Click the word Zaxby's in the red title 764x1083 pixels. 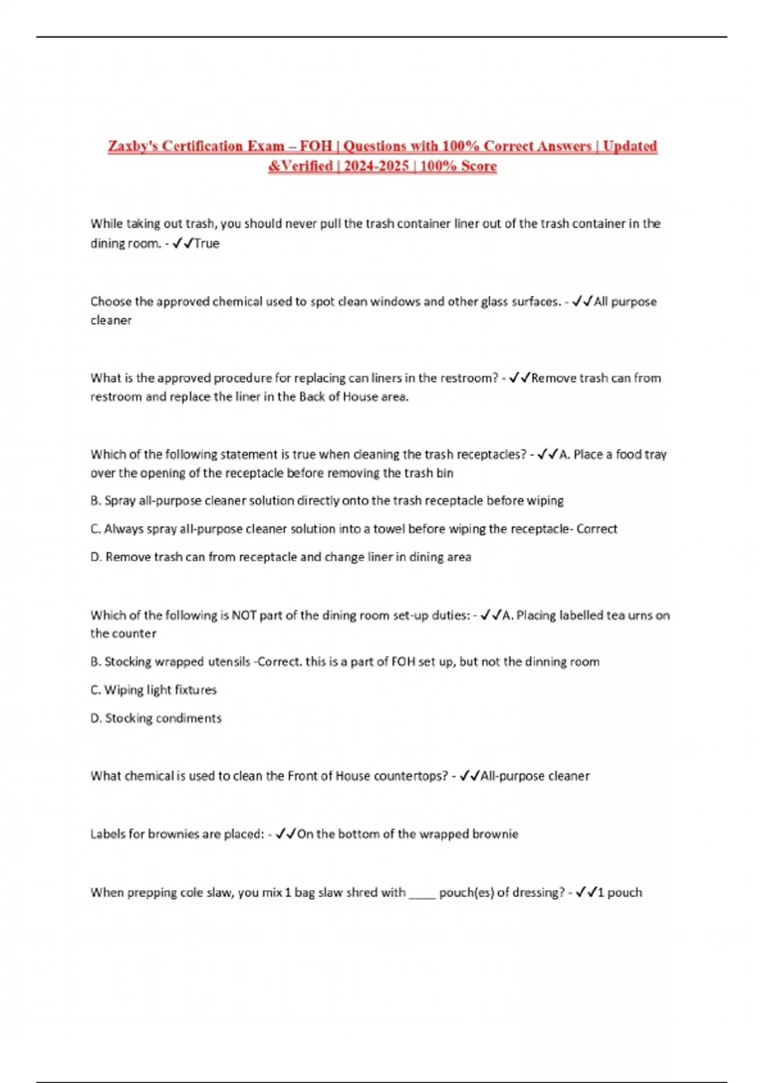point(132,146)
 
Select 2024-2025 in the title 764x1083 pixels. point(376,166)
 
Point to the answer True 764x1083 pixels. point(207,243)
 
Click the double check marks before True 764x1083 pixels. point(183,243)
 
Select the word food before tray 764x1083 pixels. point(629,454)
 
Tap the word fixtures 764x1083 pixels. point(195,690)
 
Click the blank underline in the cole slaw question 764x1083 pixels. point(422,893)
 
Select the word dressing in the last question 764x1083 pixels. point(536,893)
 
